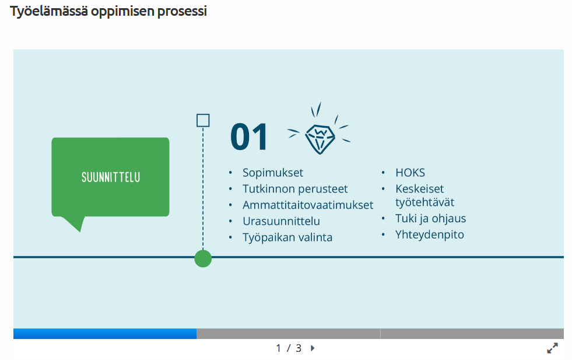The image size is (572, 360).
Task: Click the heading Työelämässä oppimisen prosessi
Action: click(108, 11)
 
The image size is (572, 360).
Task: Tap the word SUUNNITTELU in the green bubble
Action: click(111, 177)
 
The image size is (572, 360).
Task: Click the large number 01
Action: click(249, 137)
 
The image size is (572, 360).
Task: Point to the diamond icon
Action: click(320, 138)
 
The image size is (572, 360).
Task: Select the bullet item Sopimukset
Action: click(273, 173)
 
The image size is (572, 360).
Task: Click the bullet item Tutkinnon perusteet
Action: click(295, 189)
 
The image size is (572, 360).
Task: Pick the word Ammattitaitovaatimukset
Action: click(308, 205)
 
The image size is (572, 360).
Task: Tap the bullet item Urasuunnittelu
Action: click(281, 221)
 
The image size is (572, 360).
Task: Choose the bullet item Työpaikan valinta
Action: click(287, 237)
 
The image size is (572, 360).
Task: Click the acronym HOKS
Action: click(410, 173)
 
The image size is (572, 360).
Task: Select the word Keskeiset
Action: click(419, 189)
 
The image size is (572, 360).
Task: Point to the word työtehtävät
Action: click(424, 202)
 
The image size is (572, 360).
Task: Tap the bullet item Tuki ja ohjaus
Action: click(430, 218)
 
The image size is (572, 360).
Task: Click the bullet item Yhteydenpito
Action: click(429, 235)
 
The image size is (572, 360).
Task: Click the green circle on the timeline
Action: click(203, 258)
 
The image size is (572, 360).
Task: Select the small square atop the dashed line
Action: click(203, 121)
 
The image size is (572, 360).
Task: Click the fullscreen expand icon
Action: click(552, 348)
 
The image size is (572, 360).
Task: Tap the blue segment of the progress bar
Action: click(105, 333)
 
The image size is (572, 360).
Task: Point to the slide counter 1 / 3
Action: click(289, 348)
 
